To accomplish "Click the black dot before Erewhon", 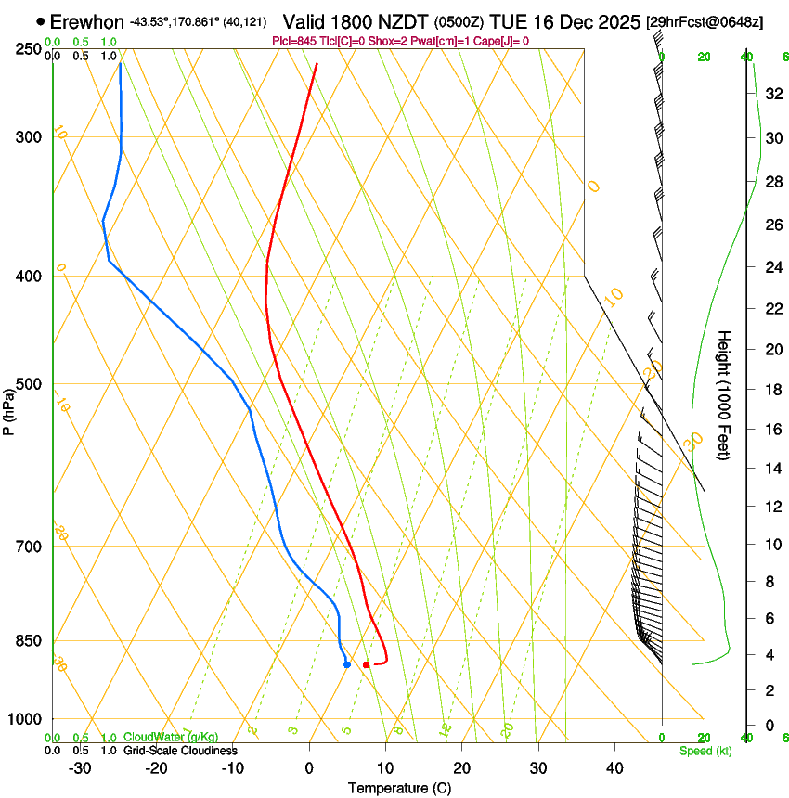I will [41, 20].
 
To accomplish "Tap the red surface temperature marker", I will [367, 664].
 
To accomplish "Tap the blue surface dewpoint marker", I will [346, 664].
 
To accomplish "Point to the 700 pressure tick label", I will [30, 547].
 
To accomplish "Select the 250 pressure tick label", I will [30, 48].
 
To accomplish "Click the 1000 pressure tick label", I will [26, 719].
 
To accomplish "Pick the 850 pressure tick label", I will [30, 641].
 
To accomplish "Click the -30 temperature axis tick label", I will [80, 767].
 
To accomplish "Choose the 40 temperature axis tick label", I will [614, 767].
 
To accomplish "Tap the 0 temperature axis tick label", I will [309, 767].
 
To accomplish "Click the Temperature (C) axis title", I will [399, 788].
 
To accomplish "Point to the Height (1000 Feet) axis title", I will [725, 395].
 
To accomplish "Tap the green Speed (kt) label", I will [705, 751].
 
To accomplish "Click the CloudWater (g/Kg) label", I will [171, 737].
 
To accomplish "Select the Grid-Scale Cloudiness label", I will [180, 750].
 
